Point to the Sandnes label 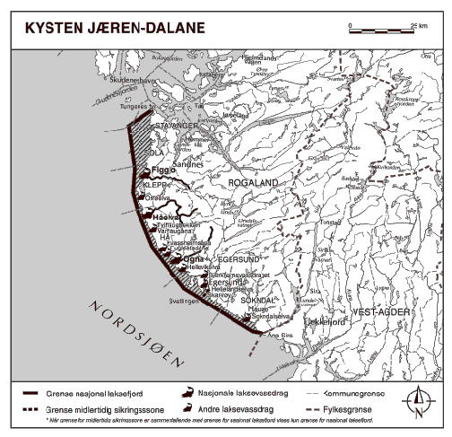point(185,167)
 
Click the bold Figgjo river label point(162,169)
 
